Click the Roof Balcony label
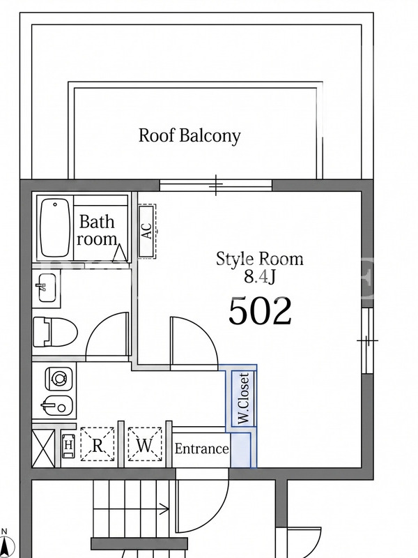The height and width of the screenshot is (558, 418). [x=189, y=136]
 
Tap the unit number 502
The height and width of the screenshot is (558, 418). [x=260, y=311]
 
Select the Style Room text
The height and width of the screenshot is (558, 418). [x=259, y=259]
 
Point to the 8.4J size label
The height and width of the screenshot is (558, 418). [x=259, y=276]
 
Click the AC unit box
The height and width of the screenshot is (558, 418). [x=147, y=231]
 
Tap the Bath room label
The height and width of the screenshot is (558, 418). [x=97, y=230]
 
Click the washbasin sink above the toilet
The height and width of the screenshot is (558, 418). [x=47, y=287]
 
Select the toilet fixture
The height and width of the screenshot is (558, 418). [x=55, y=333]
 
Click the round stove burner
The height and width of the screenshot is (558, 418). [x=59, y=378]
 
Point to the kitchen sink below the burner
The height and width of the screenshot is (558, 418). [x=57, y=406]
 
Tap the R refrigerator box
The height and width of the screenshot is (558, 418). [x=98, y=445]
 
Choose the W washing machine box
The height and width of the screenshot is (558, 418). [x=145, y=445]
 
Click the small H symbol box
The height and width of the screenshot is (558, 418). [x=68, y=445]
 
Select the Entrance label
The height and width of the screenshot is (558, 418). [x=201, y=448]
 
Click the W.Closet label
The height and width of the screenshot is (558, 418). [x=245, y=398]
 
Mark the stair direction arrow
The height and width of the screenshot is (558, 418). [x=131, y=509]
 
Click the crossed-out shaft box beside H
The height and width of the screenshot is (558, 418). [x=43, y=448]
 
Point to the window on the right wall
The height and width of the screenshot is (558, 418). [x=368, y=340]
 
